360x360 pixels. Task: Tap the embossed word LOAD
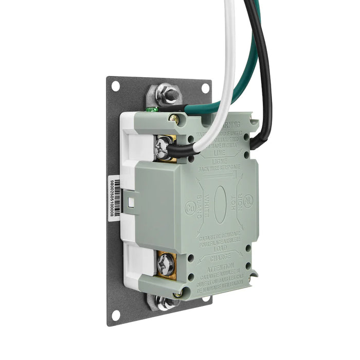tap(220, 247)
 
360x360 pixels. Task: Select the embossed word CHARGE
tap(220, 255)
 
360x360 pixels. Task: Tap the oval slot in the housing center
tap(220, 204)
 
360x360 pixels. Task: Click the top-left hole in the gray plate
tap(116, 85)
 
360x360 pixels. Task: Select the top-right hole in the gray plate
tap(205, 87)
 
